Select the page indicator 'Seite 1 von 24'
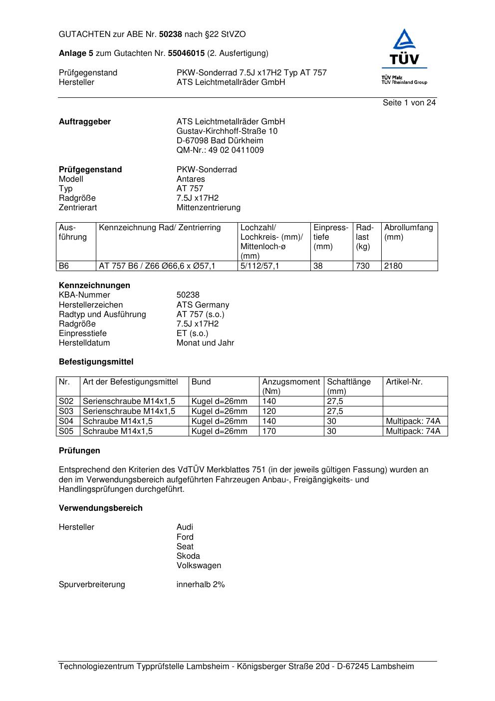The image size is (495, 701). pos(409,103)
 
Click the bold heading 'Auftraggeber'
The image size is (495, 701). pos(85,122)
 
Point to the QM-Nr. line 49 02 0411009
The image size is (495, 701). pos(220,150)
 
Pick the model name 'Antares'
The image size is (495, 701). pos(191,179)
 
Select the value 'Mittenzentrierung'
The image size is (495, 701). pos(208,208)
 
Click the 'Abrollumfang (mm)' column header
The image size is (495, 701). pos(408,232)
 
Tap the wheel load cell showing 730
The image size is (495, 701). pos(363,266)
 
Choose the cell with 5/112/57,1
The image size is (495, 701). pos(260,266)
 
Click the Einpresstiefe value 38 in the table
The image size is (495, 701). pos(318,266)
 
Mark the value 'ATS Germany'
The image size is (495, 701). pos(203,305)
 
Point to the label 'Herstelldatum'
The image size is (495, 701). pos(84,343)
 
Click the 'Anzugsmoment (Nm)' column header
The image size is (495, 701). pos(291,386)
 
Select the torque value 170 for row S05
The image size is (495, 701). pos(269,431)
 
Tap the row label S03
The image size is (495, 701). pos(66,411)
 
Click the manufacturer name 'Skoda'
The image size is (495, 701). pos(188,556)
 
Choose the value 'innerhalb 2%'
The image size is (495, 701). pos(201,585)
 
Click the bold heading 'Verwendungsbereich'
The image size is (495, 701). pos(101,508)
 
